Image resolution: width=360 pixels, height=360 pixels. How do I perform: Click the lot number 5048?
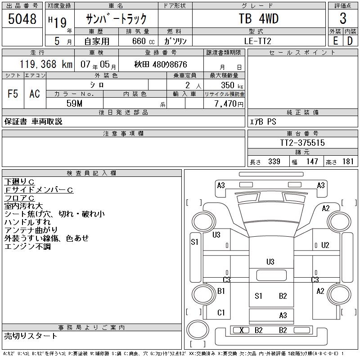(x=22, y=19)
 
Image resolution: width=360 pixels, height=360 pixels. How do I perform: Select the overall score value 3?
(x=343, y=19)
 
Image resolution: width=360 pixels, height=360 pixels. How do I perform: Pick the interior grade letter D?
(x=350, y=40)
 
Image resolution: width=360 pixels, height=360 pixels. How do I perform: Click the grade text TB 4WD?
(x=258, y=19)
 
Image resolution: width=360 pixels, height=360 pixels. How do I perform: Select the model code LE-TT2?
(x=258, y=41)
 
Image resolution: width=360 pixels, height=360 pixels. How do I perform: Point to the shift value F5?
(x=13, y=94)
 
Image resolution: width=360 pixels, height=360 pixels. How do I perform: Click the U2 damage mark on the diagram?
(x=325, y=245)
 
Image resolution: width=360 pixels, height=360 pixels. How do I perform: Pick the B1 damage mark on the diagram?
(x=221, y=291)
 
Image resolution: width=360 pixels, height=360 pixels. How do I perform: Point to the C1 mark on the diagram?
(x=221, y=312)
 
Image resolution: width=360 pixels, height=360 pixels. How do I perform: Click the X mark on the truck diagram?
(x=242, y=330)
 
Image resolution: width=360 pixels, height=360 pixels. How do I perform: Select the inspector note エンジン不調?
(x=27, y=247)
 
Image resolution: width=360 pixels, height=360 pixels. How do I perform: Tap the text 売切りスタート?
(x=31, y=336)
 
